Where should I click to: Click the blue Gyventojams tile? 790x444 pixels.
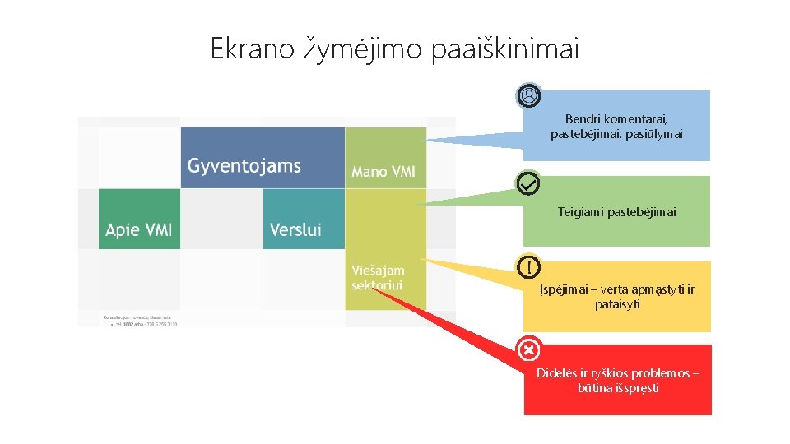pos(263,158)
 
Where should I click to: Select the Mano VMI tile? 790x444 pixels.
pos(384,157)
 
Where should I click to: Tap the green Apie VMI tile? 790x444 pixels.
pos(139,220)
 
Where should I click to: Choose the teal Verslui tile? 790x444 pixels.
pos(303,220)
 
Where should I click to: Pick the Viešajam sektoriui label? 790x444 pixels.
pos(379,277)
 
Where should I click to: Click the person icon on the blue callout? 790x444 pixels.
pos(528,97)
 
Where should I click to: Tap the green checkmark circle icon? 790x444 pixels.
pos(528,183)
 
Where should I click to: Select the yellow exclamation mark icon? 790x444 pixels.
pos(528,266)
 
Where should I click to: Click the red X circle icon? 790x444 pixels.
pos(528,350)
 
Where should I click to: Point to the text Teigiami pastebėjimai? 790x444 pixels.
pos(616,212)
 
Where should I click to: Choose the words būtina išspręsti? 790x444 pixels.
pos(618,387)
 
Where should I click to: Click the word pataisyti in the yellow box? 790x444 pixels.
pos(618,304)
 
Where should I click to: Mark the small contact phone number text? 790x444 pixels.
pos(144,324)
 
